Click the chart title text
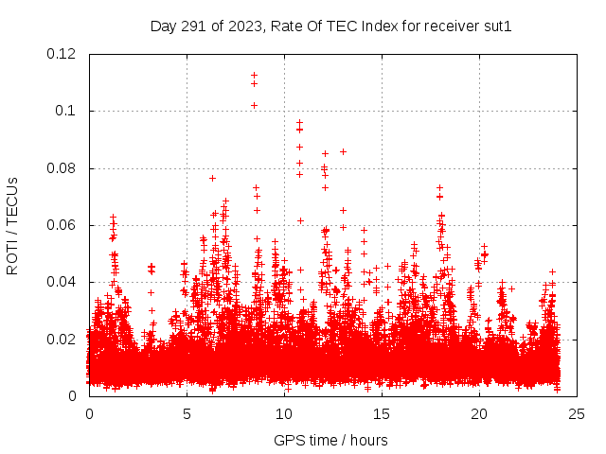click(330, 26)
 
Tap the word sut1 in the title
click(497, 26)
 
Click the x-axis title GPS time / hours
click(330, 440)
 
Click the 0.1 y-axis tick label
click(67, 111)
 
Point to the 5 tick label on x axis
click(187, 413)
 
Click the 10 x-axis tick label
click(284, 413)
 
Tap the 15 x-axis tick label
click(382, 413)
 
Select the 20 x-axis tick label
click(479, 413)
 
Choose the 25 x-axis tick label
click(577, 413)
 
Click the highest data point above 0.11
click(254, 75)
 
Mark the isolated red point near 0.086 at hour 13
click(343, 151)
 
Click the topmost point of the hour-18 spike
click(439, 187)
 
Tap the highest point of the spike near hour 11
click(299, 122)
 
